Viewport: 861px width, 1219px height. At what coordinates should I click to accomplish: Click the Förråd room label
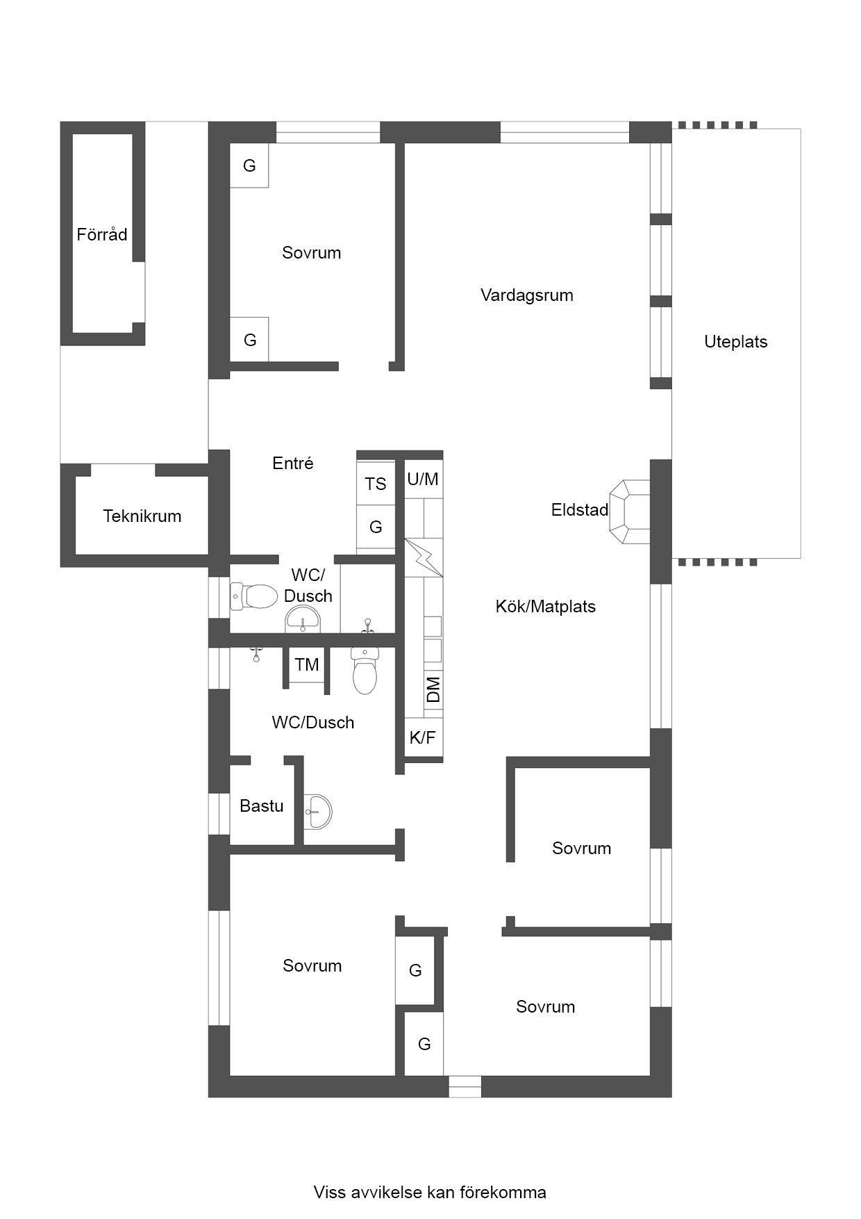point(102,234)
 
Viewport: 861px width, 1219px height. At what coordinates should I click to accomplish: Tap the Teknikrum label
point(142,516)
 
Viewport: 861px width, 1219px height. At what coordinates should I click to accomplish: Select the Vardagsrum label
point(527,295)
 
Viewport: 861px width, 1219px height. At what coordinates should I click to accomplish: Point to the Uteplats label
point(736,341)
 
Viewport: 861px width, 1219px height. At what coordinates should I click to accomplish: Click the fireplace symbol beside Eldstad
point(629,512)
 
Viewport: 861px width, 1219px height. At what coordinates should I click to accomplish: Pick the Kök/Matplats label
point(546,606)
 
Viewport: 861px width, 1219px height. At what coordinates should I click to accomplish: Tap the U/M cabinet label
point(423,479)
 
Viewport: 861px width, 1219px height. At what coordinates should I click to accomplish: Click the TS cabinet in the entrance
point(376,483)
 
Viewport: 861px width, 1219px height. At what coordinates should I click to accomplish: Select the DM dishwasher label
point(433,689)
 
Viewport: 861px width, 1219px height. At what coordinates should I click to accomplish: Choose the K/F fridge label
point(422,737)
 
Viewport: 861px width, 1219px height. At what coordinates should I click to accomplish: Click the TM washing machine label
point(307,664)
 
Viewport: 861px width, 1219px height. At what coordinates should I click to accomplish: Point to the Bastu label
point(262,805)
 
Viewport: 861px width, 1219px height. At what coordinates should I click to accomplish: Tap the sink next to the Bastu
point(318,811)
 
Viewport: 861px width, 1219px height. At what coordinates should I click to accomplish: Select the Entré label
point(293,463)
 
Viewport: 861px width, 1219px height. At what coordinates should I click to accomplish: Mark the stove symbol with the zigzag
point(424,557)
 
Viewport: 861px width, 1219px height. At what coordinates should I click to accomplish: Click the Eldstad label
point(580,509)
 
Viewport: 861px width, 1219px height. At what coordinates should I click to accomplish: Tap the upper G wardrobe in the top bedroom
point(249,165)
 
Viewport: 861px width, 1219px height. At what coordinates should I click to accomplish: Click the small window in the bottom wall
point(465,1087)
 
